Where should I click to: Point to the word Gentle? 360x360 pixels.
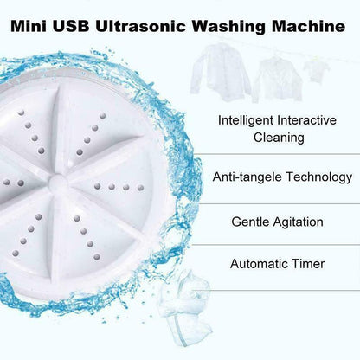tap(249, 222)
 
